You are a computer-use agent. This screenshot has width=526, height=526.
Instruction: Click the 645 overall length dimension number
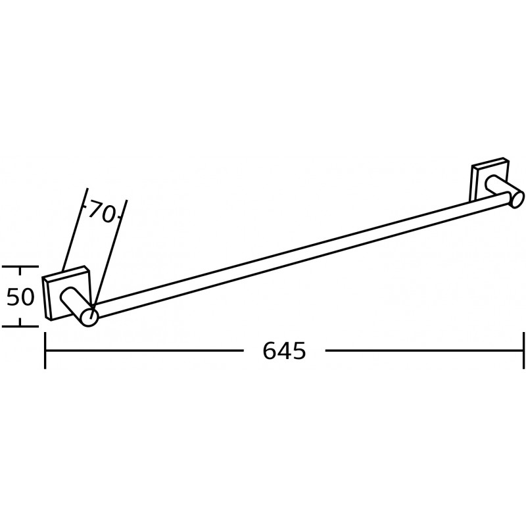[x=284, y=352]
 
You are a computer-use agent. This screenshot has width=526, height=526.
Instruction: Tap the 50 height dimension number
[x=20, y=297]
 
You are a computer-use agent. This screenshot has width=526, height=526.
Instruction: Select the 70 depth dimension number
[x=101, y=212]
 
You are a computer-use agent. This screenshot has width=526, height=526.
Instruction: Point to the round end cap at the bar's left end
[x=89, y=316]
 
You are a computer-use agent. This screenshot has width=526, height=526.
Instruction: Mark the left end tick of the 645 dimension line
[x=45, y=350]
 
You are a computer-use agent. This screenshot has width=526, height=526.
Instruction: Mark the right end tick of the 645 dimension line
[x=523, y=350]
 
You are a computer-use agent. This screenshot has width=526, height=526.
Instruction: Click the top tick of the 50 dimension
[x=20, y=268]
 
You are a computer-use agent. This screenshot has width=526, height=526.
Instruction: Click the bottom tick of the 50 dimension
[x=20, y=325]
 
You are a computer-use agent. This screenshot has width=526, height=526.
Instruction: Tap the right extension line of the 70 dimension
[x=110, y=250]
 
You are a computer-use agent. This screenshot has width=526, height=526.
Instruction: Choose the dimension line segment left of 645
[x=145, y=350]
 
